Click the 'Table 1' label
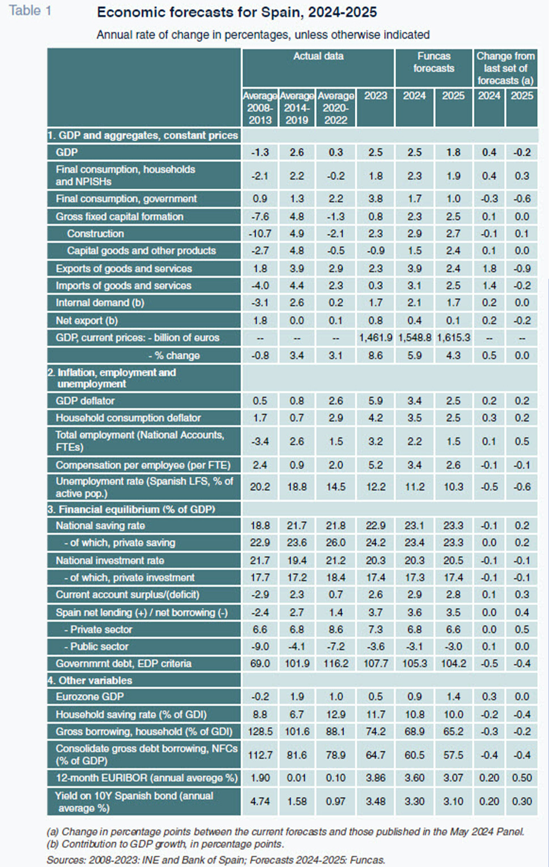coord(30,11)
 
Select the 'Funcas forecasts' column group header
coord(433,62)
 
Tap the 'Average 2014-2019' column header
coord(297,108)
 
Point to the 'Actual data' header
coord(318,57)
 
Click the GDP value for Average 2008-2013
coord(260,152)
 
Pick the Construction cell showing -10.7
coord(260,234)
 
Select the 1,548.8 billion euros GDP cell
coord(414,338)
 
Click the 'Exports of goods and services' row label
coord(124,269)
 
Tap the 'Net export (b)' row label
coord(87,321)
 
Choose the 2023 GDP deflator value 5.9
coord(375,401)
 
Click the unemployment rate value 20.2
coord(260,487)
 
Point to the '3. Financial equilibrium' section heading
coord(131,509)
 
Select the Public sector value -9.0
coord(260,647)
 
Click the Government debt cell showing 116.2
coord(335,664)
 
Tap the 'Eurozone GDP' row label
coord(90,696)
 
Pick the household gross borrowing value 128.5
coord(260,732)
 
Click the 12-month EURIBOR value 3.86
coord(375,778)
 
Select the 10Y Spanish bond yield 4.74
coord(260,801)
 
